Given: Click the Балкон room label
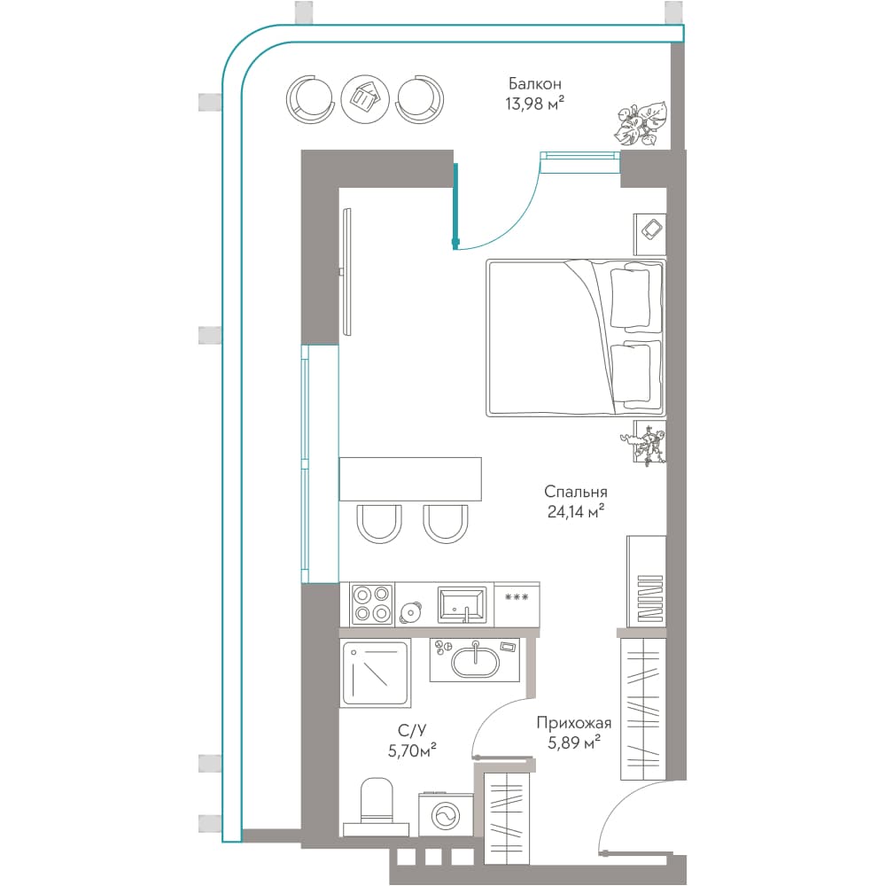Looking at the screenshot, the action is tap(534, 83).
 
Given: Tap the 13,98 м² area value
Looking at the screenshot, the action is tap(534, 104).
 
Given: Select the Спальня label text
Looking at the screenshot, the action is tap(575, 493).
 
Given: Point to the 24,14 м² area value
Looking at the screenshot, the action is tap(575, 512).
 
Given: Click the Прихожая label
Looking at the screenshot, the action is tap(573, 723).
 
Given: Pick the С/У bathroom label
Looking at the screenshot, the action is tap(412, 731).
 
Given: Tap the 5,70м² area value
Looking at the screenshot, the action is tap(412, 750).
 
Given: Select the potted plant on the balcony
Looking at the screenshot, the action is tap(641, 124).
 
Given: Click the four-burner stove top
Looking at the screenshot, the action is tap(372, 604).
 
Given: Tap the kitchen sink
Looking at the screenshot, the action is tap(462, 604).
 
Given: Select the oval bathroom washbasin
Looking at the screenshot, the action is tap(475, 662).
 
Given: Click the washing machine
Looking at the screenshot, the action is tap(446, 815).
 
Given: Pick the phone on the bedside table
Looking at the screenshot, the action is tap(653, 229).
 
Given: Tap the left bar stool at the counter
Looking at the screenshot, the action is tap(379, 524).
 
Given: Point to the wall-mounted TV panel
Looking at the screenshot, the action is tap(347, 272).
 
